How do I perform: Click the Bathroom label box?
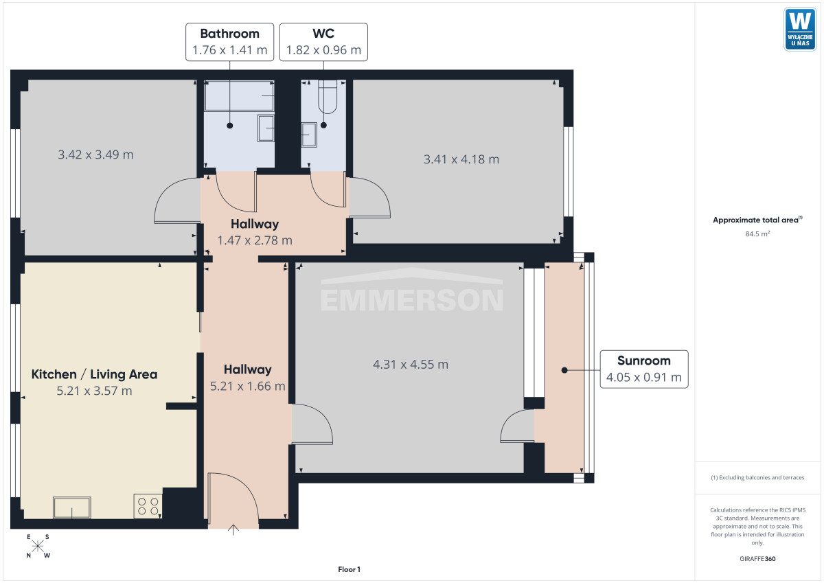click(x=229, y=42)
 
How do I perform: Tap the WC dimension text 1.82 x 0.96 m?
click(x=323, y=50)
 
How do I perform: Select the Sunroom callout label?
click(x=644, y=369)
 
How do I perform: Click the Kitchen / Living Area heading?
click(x=95, y=374)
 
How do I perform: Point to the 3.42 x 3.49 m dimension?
click(x=95, y=155)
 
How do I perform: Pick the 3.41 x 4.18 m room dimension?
click(x=461, y=159)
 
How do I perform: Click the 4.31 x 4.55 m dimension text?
click(x=411, y=365)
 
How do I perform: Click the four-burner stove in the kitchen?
click(x=148, y=506)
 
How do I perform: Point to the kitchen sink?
click(x=71, y=507)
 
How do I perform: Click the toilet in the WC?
click(x=328, y=97)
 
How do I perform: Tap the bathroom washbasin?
click(x=266, y=128)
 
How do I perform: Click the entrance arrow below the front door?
click(x=233, y=530)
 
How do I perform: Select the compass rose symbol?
click(x=38, y=546)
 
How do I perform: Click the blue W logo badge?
click(x=800, y=30)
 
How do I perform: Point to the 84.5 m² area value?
click(x=757, y=234)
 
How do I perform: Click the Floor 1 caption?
click(x=349, y=569)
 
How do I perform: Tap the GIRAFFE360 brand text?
click(x=757, y=559)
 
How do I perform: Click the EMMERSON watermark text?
click(x=411, y=300)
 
